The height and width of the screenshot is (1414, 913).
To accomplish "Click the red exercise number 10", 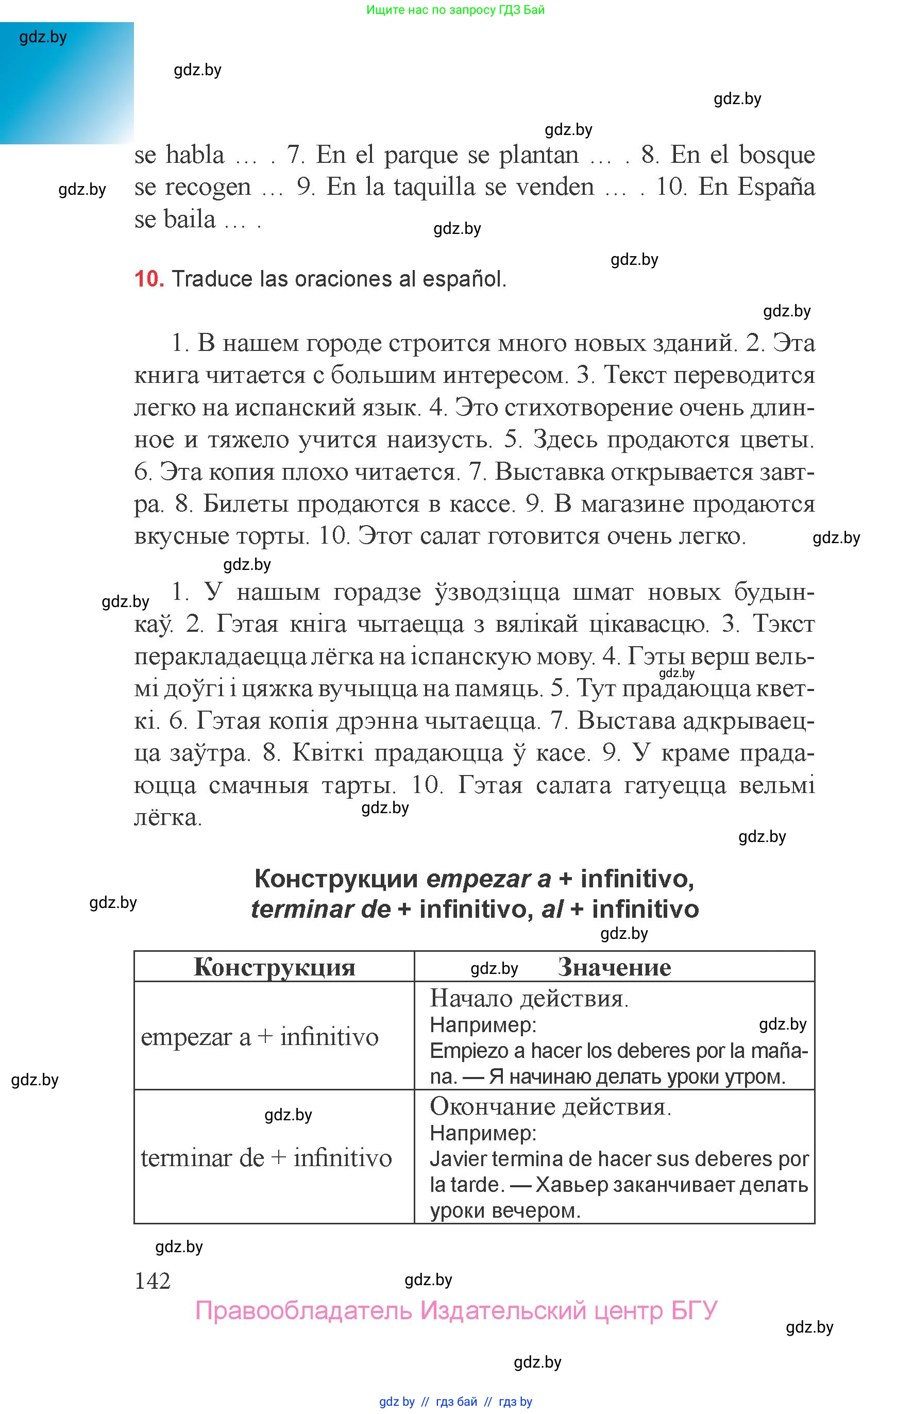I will point(148,279).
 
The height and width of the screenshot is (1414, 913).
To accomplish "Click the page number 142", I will point(153,1281).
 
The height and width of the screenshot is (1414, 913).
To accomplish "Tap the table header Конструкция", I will point(274,968).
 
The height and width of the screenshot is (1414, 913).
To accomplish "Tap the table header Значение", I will point(614,968).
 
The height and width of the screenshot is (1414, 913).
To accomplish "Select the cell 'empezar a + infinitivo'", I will point(260,1037).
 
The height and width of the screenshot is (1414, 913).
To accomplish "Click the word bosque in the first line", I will point(776,155).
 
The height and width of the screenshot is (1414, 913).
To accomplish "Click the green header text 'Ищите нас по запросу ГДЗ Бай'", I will point(455,9).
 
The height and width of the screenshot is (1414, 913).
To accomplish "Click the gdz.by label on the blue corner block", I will point(43,37).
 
